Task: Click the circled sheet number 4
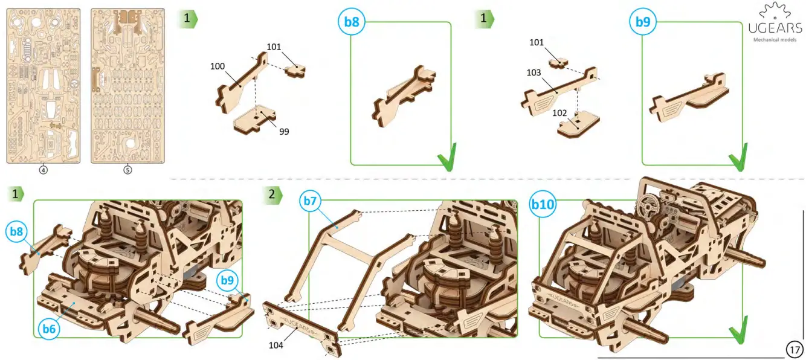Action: (x=43, y=170)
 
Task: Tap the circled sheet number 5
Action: (x=127, y=170)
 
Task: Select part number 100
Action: (x=218, y=66)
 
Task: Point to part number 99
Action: (x=284, y=131)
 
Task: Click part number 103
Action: (x=534, y=72)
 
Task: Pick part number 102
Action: (x=559, y=112)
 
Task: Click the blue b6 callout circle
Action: (x=50, y=329)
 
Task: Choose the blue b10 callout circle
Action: (x=542, y=205)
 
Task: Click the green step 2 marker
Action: (x=272, y=194)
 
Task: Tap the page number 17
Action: (x=795, y=349)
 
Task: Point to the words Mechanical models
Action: (x=775, y=40)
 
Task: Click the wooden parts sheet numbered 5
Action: (x=127, y=85)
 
